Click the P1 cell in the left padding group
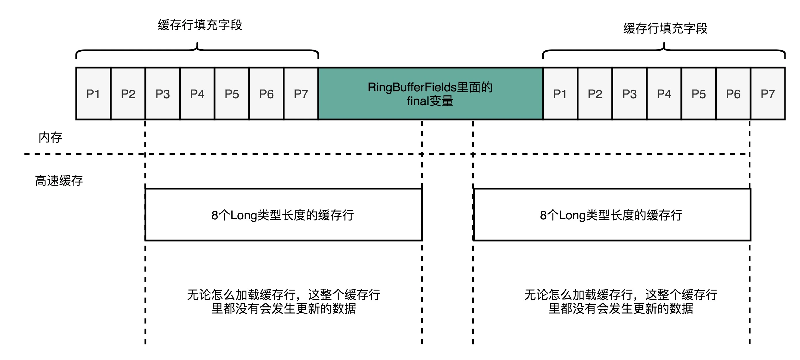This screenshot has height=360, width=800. pyautogui.click(x=93, y=93)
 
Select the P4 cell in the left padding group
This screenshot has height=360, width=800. pyautogui.click(x=197, y=93)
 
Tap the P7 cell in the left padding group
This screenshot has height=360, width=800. pyautogui.click(x=301, y=93)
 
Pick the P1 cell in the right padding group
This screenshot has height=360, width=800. pyautogui.click(x=560, y=93)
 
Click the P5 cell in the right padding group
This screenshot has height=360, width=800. pyautogui.click(x=699, y=93)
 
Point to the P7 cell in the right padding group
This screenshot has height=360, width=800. pyautogui.click(x=768, y=93)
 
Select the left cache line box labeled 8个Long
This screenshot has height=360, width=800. pyautogui.click(x=283, y=215)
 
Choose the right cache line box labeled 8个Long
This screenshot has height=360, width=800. pyautogui.click(x=612, y=215)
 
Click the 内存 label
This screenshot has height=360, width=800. pyautogui.click(x=50, y=137)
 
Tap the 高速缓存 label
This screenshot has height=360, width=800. pyautogui.click(x=59, y=180)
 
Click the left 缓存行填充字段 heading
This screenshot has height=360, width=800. pyautogui.click(x=200, y=25)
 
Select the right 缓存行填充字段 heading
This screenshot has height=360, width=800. pyautogui.click(x=665, y=28)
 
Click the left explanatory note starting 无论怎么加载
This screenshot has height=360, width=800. pyautogui.click(x=283, y=301)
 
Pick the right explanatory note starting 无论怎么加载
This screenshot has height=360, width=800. pyautogui.click(x=620, y=301)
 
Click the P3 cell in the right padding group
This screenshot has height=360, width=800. pyautogui.click(x=629, y=93)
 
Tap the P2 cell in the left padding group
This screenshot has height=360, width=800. pyautogui.click(x=128, y=93)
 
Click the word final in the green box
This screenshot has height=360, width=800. pyautogui.click(x=418, y=101)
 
